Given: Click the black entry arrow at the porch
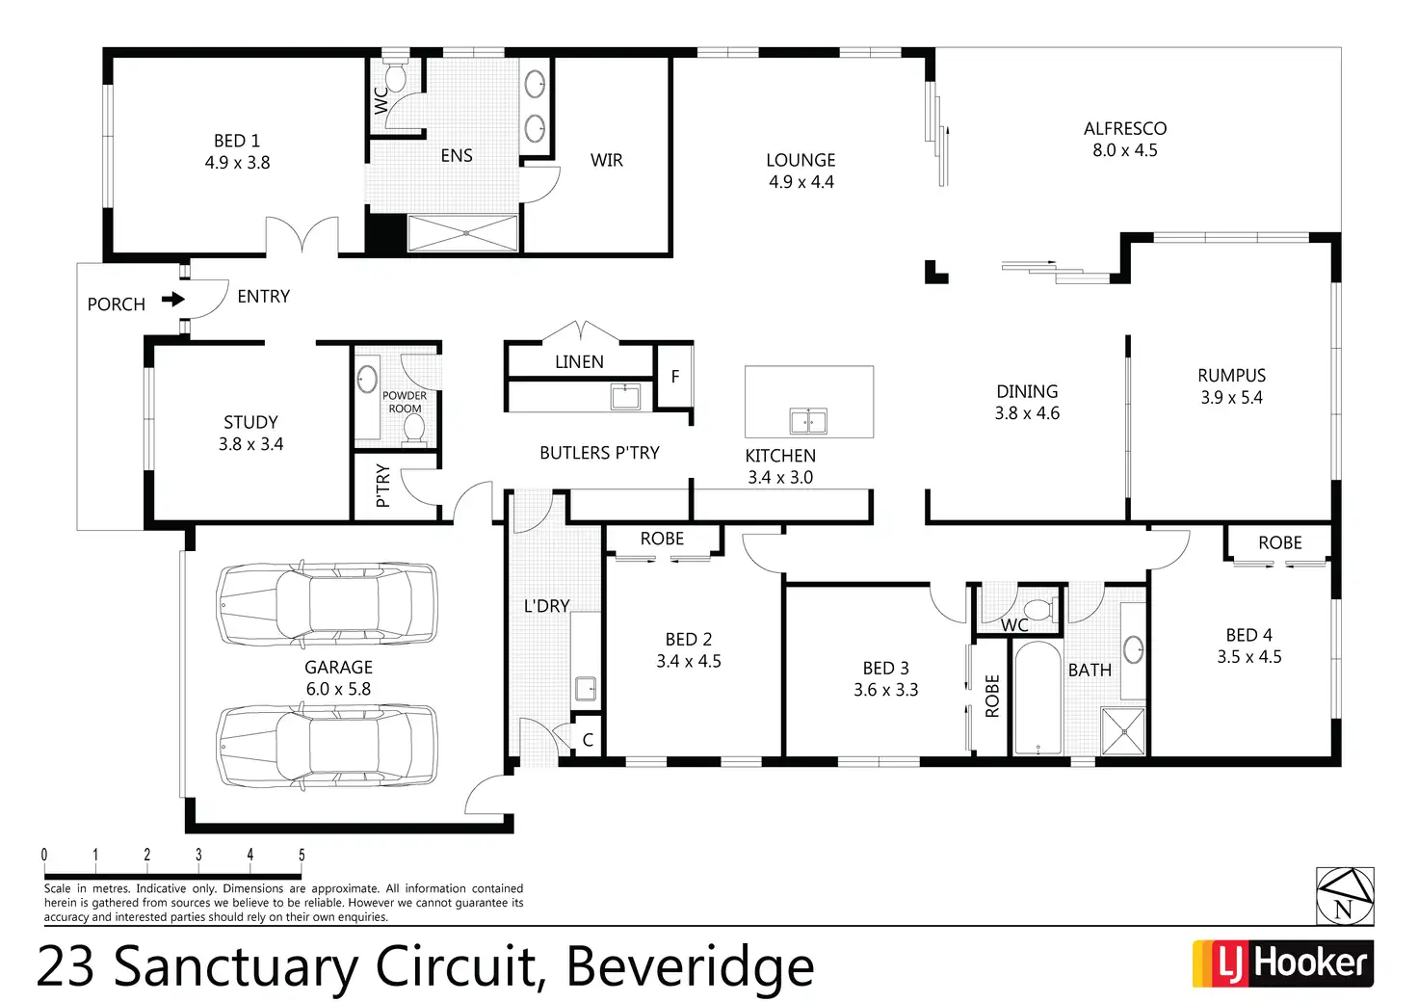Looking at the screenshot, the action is point(173,300).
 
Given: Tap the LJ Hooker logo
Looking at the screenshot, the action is point(1282,963).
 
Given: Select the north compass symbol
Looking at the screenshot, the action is point(1345,896).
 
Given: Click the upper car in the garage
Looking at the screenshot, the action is point(327,604).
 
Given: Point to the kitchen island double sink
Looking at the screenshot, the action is point(808,421).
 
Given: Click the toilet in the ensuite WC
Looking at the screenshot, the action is point(396,76).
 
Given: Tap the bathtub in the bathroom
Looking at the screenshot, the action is point(1037,699).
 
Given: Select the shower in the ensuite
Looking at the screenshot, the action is point(463,233).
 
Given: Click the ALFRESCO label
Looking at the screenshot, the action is point(1124,128).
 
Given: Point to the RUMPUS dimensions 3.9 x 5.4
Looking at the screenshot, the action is point(1231,397).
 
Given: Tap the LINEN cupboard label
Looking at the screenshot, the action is point(579,361).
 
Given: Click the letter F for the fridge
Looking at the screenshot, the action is point(674,376).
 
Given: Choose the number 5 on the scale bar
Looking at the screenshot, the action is point(302,855).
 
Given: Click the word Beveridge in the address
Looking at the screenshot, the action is point(690,966).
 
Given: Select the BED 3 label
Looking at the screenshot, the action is point(885,668).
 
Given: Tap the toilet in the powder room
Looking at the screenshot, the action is point(414,428).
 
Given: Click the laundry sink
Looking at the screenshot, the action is point(586,688).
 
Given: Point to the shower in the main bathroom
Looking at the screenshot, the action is point(1123,731).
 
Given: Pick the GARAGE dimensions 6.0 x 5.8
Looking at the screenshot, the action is point(338,689).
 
